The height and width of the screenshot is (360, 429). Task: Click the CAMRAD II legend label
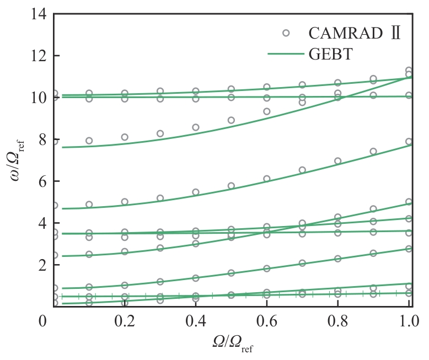[353, 33]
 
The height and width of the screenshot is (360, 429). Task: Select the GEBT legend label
[331, 54]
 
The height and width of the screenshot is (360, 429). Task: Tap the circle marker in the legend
[286, 33]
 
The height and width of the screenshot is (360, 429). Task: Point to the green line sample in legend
[286, 54]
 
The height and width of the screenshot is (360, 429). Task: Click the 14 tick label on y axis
[37, 14]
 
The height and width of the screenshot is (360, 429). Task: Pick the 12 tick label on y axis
[37, 56]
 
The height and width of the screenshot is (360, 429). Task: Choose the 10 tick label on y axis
[37, 98]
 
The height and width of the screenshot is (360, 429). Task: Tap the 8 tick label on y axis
[41, 140]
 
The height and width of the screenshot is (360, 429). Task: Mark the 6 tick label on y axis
[41, 182]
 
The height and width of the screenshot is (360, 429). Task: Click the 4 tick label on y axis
[41, 224]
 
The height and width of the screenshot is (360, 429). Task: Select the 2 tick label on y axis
[41, 265]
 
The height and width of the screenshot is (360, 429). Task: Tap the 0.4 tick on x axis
[196, 320]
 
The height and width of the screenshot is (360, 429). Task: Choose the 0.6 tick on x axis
[267, 320]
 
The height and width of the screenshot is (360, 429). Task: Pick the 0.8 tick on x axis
[338, 320]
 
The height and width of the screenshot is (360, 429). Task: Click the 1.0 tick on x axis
[408, 320]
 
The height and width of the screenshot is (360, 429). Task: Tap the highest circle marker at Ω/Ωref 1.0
[409, 71]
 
